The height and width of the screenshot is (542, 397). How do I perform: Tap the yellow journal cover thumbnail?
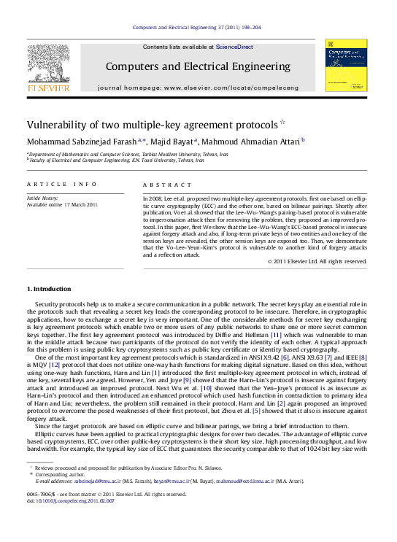[344, 66]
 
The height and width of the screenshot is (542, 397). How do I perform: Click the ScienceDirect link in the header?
[234, 47]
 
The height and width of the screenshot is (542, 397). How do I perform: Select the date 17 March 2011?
[80, 205]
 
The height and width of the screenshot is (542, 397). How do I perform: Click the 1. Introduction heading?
[49, 290]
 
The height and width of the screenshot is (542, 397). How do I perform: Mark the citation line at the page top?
[198, 27]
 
